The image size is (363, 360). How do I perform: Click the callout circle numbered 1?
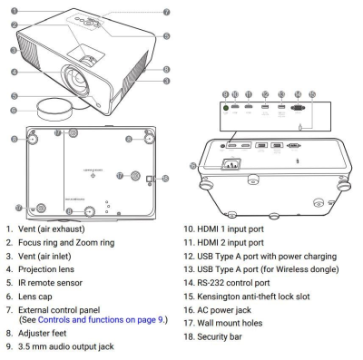click(15, 11)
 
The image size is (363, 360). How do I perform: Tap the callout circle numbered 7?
click(167, 12)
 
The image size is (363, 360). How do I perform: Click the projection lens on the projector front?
click(76, 78)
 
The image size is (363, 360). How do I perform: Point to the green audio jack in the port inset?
click(225, 107)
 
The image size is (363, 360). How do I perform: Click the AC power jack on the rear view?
click(231, 164)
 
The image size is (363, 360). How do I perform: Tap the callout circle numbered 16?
click(193, 166)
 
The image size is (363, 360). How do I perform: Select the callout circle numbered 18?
click(165, 179)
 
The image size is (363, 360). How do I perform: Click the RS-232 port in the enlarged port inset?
click(298, 107)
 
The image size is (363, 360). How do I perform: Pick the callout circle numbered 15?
click(312, 94)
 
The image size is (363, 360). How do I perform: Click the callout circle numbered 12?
click(265, 94)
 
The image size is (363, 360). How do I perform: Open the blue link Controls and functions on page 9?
click(101, 319)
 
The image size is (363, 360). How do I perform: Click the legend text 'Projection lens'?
click(46, 269)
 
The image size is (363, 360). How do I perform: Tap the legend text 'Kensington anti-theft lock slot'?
click(253, 297)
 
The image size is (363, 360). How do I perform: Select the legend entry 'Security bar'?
click(220, 336)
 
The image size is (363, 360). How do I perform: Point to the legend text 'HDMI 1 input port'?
click(231, 229)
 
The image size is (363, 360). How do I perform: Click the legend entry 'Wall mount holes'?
click(230, 323)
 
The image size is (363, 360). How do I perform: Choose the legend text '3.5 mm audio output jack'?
click(66, 346)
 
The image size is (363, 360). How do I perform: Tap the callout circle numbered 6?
click(14, 110)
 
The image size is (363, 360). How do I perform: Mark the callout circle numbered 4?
click(15, 72)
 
